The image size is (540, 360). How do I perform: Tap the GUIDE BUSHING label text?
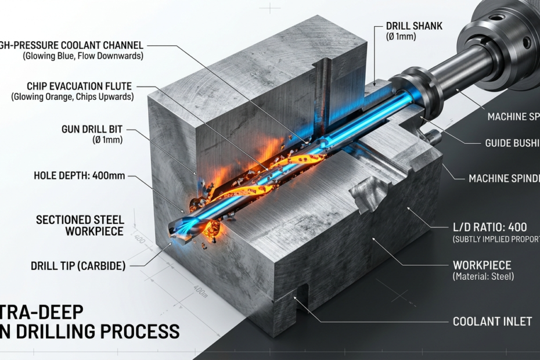coord(512,143)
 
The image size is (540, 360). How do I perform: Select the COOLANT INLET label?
coord(492,321)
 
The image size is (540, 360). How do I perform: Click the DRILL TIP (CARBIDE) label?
coord(78,266)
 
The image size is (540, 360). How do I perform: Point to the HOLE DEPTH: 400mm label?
coord(79,175)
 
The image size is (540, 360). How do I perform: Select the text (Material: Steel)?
coord(483,276)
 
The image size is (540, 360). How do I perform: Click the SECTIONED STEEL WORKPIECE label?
coord(80,225)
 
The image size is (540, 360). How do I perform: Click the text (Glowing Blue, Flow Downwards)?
coord(83,56)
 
